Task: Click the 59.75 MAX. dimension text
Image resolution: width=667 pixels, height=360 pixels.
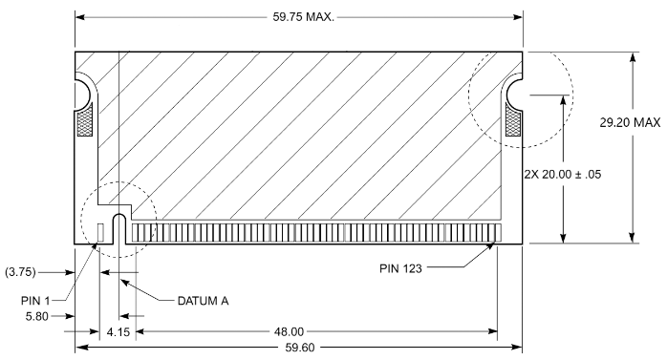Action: [x=303, y=17]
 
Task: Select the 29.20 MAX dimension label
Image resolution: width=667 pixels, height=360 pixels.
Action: [x=630, y=122]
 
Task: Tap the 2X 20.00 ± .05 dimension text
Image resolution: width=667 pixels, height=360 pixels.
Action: [x=562, y=174]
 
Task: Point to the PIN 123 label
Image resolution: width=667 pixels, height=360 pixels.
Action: [x=400, y=268]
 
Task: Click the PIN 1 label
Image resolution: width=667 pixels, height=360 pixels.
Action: [x=35, y=301]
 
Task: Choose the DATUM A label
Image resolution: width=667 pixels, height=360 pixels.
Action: [x=203, y=301]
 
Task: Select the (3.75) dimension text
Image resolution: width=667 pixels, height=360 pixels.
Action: [x=20, y=272]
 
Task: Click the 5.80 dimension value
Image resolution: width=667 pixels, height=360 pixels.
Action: [x=37, y=316]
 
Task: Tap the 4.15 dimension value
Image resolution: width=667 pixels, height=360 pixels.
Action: [x=118, y=332]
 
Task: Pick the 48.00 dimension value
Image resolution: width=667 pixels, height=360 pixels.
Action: [x=290, y=331]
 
